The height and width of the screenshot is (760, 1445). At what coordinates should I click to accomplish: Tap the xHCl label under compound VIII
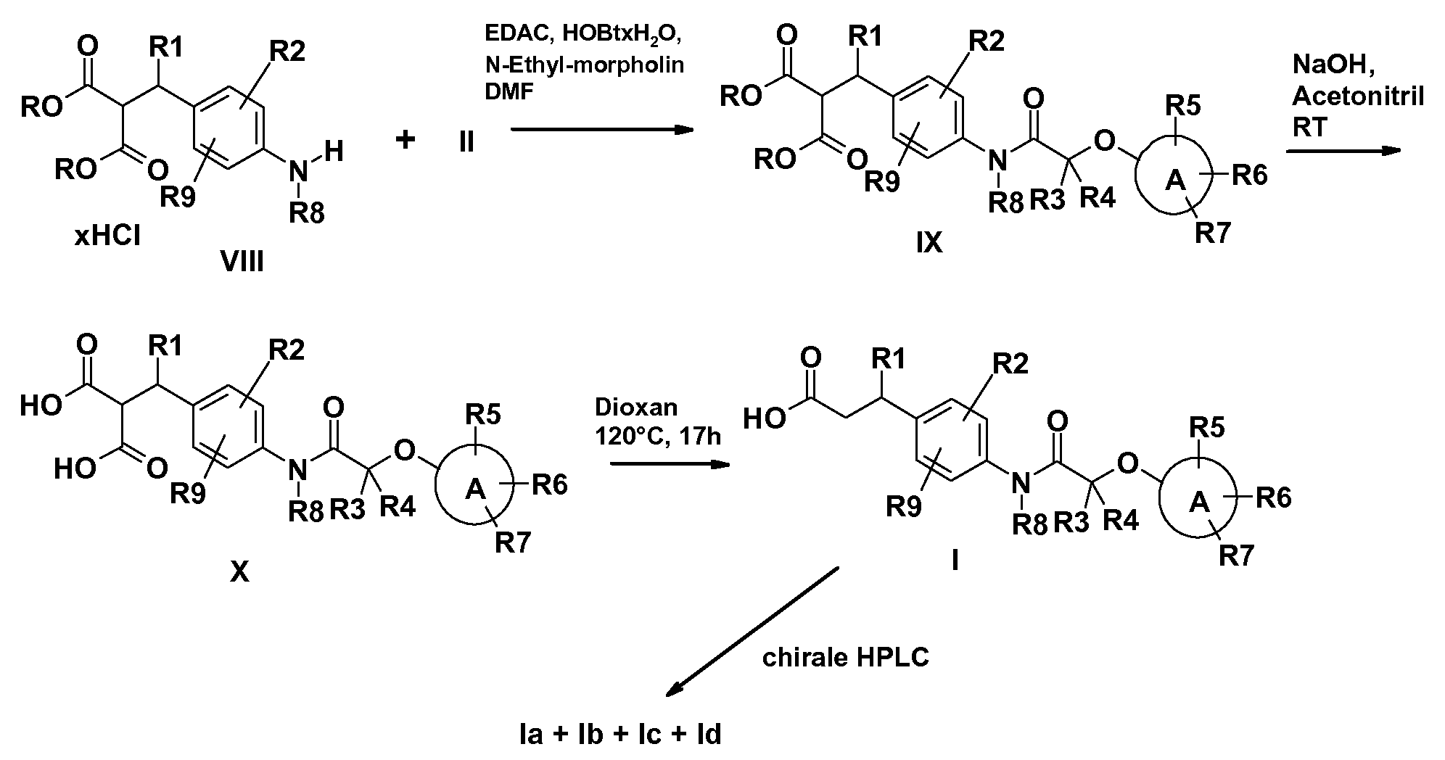coord(107,236)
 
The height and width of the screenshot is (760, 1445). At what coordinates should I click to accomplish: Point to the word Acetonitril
coord(1358,95)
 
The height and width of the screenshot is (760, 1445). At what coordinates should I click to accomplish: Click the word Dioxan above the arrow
coord(636,407)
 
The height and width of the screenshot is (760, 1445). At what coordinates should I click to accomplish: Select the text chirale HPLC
coord(845,658)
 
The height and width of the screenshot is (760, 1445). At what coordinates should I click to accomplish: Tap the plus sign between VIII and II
coord(405,139)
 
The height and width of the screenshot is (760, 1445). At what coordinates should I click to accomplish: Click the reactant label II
coord(466,141)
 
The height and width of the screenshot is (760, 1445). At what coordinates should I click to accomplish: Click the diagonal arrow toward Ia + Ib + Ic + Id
coord(752,633)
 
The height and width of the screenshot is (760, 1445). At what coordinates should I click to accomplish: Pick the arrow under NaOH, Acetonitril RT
coord(1342,151)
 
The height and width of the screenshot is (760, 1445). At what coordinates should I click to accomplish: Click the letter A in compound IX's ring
coord(1174,181)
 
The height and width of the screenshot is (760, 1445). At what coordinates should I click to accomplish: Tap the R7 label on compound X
coord(514,542)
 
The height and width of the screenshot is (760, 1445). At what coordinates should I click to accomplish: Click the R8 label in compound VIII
coord(308,213)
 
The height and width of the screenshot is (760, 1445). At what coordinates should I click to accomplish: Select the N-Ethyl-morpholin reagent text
coord(585,65)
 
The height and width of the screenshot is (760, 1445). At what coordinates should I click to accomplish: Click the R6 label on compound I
coord(1274,498)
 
